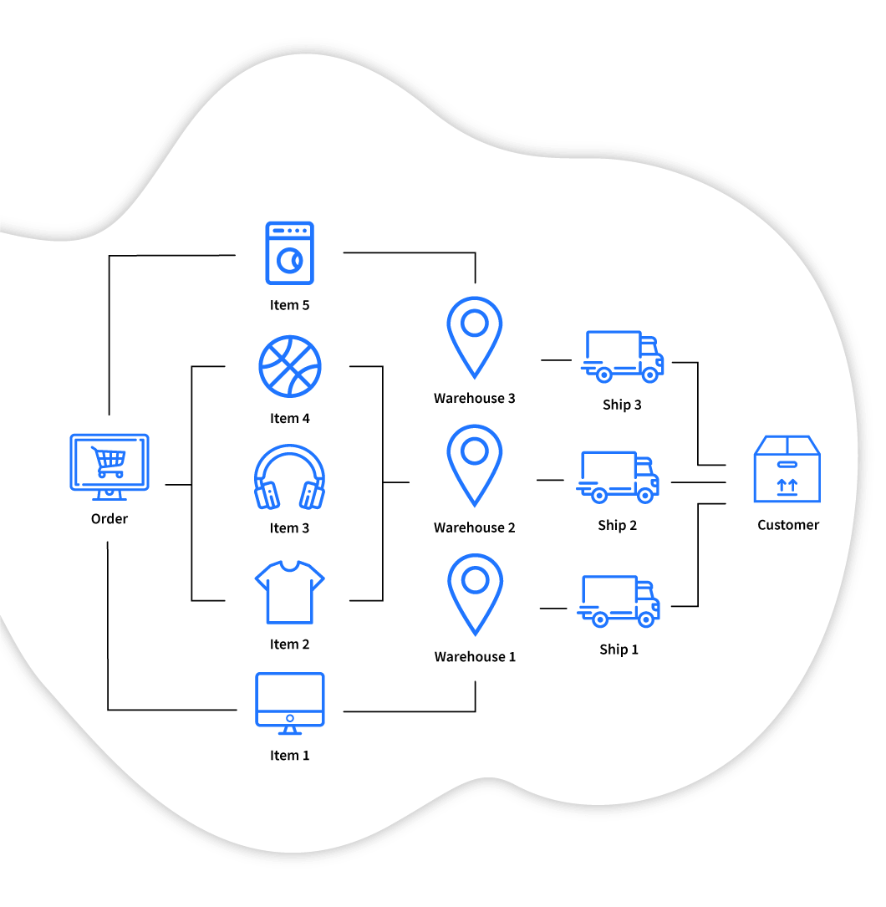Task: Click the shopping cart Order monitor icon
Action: [x=109, y=466]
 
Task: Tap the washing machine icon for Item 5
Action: [x=289, y=252]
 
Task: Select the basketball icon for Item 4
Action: [x=290, y=366]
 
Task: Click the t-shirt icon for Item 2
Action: [x=289, y=592]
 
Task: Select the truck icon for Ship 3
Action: [x=622, y=356]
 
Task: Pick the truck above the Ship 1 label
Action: [x=619, y=601]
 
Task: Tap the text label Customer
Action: [x=788, y=525]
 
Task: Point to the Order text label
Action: [x=109, y=519]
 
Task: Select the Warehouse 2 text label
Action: [x=475, y=527]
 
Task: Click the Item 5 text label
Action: [x=289, y=305]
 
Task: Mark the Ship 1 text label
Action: [x=619, y=650]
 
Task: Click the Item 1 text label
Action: [x=289, y=756]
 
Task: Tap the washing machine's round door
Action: [x=290, y=261]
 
